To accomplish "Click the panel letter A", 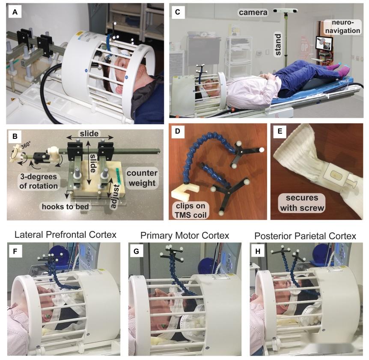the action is click(x=15, y=12).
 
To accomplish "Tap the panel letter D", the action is click(x=178, y=131).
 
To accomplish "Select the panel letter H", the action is click(x=258, y=251).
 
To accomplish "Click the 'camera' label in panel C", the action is click(x=253, y=12).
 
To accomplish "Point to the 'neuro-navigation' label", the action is click(x=342, y=27).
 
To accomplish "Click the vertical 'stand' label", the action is click(x=278, y=45).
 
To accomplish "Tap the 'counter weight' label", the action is click(x=142, y=178).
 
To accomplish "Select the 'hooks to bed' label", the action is click(x=65, y=207).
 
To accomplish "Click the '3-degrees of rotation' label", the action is click(x=39, y=181).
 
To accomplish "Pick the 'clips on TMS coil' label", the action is click(x=191, y=210).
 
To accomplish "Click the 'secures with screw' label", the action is click(x=302, y=203).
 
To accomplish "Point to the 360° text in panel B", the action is click(x=26, y=146).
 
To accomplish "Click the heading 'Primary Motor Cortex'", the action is click(x=185, y=235).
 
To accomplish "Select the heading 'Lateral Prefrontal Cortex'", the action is click(x=65, y=235).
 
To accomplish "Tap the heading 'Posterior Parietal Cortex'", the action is click(x=305, y=236).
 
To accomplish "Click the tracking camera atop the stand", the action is click(x=286, y=11).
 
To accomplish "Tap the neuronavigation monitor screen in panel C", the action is click(x=324, y=43).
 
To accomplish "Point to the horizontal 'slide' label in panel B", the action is click(x=89, y=134).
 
